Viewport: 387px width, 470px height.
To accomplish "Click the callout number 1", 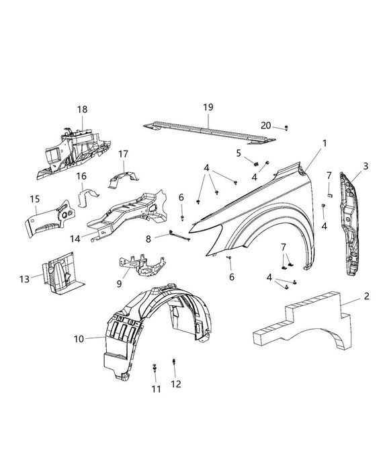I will pyautogui.click(x=325, y=143).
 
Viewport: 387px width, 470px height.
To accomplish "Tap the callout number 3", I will pyautogui.click(x=365, y=165).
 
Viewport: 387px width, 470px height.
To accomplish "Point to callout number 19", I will pyautogui.click(x=208, y=108).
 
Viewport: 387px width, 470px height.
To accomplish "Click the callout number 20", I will pyautogui.click(x=267, y=126).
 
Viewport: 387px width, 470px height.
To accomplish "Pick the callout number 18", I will pyautogui.click(x=82, y=109).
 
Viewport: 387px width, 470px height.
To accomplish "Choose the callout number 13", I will pyautogui.click(x=24, y=278).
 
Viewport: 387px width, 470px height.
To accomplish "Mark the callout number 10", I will pyautogui.click(x=79, y=339).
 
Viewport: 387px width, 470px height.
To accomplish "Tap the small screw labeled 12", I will pyautogui.click(x=174, y=363).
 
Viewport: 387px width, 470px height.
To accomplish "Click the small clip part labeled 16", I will pyautogui.click(x=87, y=200).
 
